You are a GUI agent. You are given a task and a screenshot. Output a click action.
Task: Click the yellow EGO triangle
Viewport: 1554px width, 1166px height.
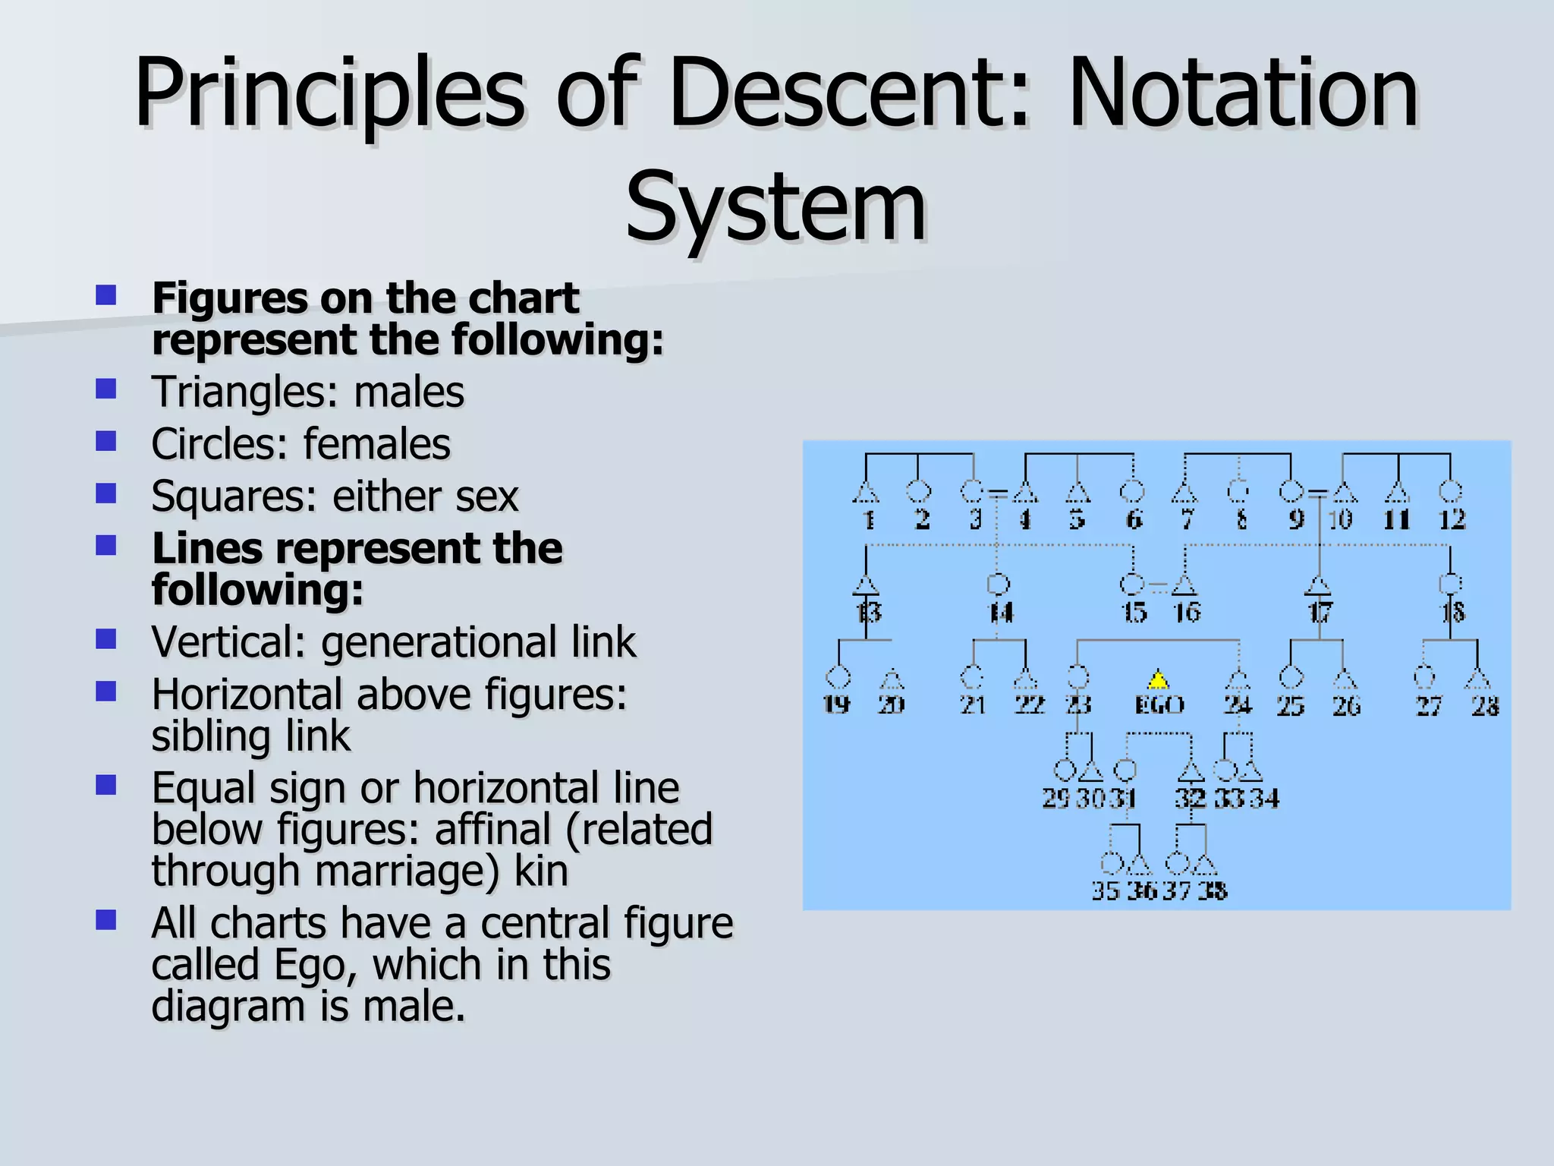click(1158, 679)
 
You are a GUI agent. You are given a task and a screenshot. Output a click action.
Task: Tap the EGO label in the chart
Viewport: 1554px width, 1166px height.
click(1159, 706)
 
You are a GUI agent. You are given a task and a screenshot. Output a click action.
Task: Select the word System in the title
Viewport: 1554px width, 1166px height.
click(775, 206)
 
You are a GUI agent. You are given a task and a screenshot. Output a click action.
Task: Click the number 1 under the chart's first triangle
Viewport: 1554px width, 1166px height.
click(869, 521)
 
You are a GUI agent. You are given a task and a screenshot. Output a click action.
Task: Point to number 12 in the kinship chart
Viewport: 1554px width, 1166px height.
click(1452, 521)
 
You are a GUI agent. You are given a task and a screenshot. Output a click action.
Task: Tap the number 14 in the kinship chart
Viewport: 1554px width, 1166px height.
click(1001, 613)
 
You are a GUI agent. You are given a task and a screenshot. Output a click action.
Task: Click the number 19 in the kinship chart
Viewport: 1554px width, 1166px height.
click(837, 705)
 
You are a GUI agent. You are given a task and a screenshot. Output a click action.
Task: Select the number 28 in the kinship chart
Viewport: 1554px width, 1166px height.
click(1485, 707)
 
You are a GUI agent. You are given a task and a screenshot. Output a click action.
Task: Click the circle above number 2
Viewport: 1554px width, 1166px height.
click(919, 491)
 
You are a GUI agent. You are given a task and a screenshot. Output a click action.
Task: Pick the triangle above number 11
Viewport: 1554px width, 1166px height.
click(1398, 493)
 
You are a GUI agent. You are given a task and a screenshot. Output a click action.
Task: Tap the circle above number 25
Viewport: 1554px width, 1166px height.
click(1291, 676)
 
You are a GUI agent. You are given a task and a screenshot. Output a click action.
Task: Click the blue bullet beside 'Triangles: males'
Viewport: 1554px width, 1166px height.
click(106, 389)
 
